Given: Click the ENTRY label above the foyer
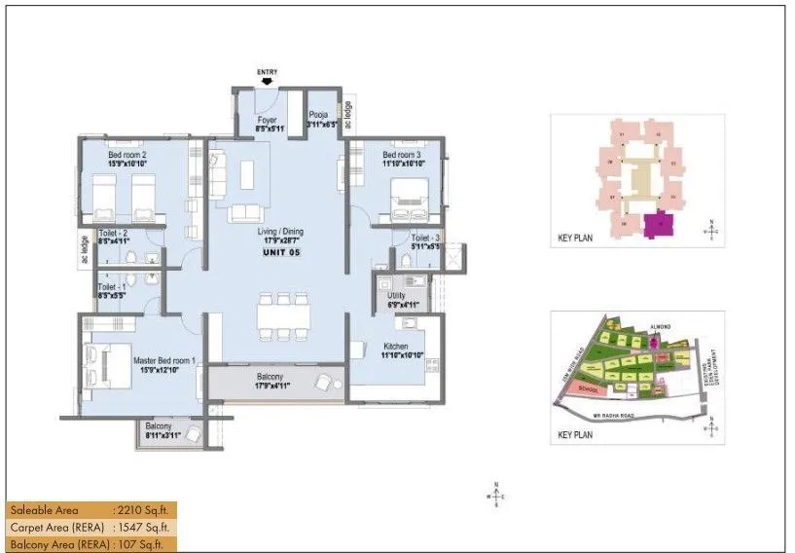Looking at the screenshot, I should click(x=267, y=72).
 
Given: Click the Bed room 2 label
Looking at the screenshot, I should click(x=126, y=155).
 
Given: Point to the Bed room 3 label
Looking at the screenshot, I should click(x=401, y=155).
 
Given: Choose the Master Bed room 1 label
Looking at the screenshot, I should click(x=163, y=360).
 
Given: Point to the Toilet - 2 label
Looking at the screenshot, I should click(x=115, y=234).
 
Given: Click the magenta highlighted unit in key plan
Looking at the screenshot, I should click(x=659, y=224).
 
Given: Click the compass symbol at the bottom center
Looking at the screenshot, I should click(x=496, y=495).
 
